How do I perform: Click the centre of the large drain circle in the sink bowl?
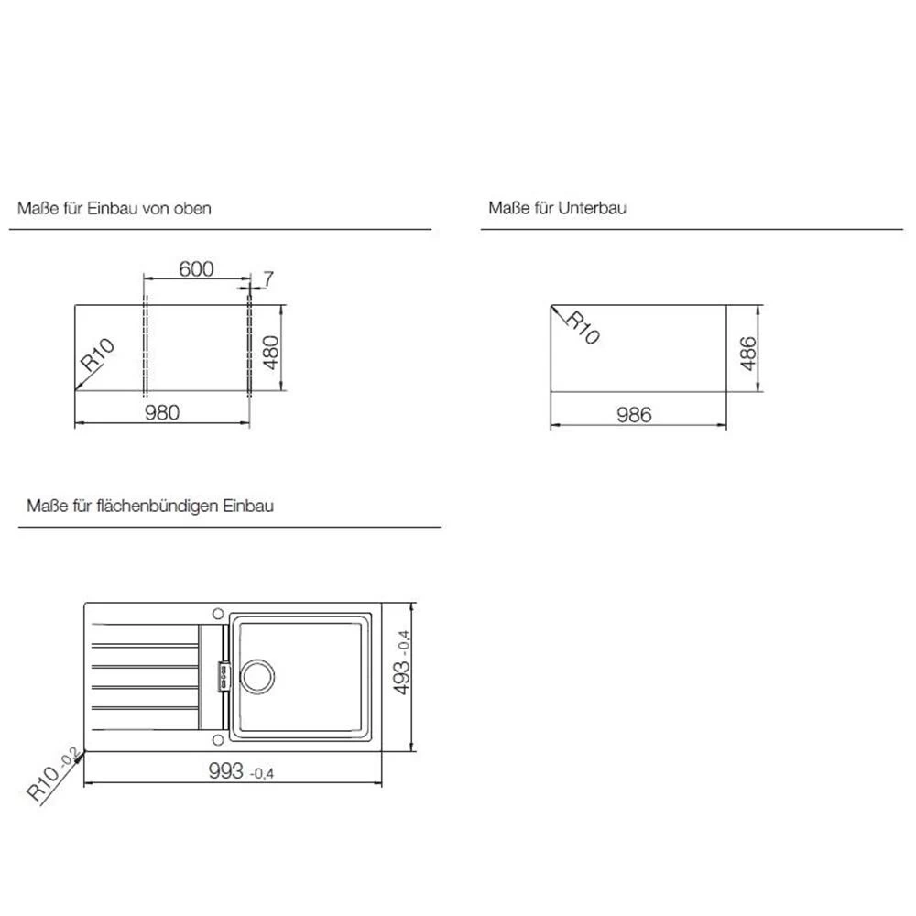[256, 677]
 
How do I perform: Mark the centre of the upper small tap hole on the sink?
[218, 614]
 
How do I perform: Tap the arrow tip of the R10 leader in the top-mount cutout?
[75, 390]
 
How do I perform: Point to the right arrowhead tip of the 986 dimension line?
[726, 425]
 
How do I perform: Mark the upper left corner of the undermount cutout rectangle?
[551, 305]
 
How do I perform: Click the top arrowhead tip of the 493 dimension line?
[413, 603]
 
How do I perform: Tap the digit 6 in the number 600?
[185, 268]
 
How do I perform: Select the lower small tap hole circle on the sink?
[218, 740]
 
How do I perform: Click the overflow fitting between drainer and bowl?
[224, 677]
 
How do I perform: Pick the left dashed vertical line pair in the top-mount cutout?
[146, 347]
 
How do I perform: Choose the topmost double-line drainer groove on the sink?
[145, 646]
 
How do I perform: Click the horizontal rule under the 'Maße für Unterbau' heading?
[692, 230]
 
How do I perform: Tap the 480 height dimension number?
[271, 353]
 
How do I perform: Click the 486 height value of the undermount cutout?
[747, 354]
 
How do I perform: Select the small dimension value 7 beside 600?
[268, 279]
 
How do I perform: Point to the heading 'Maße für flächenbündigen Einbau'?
[150, 506]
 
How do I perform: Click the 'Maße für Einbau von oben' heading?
[114, 209]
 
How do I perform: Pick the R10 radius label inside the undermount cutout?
[583, 328]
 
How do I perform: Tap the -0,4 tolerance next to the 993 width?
[262, 774]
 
